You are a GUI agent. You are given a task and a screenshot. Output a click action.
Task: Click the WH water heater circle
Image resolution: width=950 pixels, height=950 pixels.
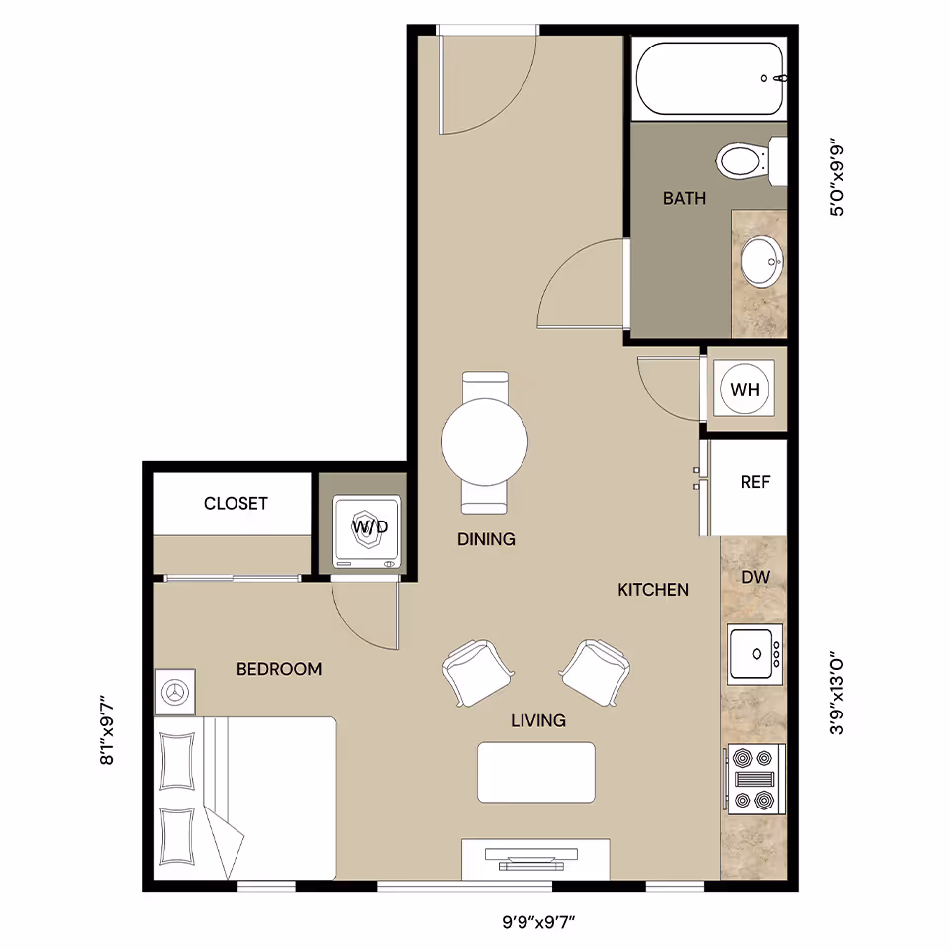[744, 389]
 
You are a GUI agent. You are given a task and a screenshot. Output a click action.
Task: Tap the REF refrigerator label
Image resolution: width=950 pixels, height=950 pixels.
[755, 482]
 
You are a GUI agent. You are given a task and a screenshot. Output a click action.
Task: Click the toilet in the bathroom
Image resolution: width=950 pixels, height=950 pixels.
[742, 160]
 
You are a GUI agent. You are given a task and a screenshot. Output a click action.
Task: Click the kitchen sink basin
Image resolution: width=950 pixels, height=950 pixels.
[752, 653]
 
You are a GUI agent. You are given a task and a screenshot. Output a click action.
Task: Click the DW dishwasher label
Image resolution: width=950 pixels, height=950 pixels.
[755, 576]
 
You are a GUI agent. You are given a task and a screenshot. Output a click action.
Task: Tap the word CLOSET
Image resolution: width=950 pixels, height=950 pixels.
[236, 503]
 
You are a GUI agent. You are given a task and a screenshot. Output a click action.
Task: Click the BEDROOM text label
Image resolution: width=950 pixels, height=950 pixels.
[279, 669]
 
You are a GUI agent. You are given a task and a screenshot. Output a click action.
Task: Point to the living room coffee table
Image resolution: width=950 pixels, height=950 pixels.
[536, 772]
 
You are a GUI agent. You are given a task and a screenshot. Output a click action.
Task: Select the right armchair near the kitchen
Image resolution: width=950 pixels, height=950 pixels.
[596, 671]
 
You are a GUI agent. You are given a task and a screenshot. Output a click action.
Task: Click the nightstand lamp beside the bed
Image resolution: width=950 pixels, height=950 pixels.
[176, 692]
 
